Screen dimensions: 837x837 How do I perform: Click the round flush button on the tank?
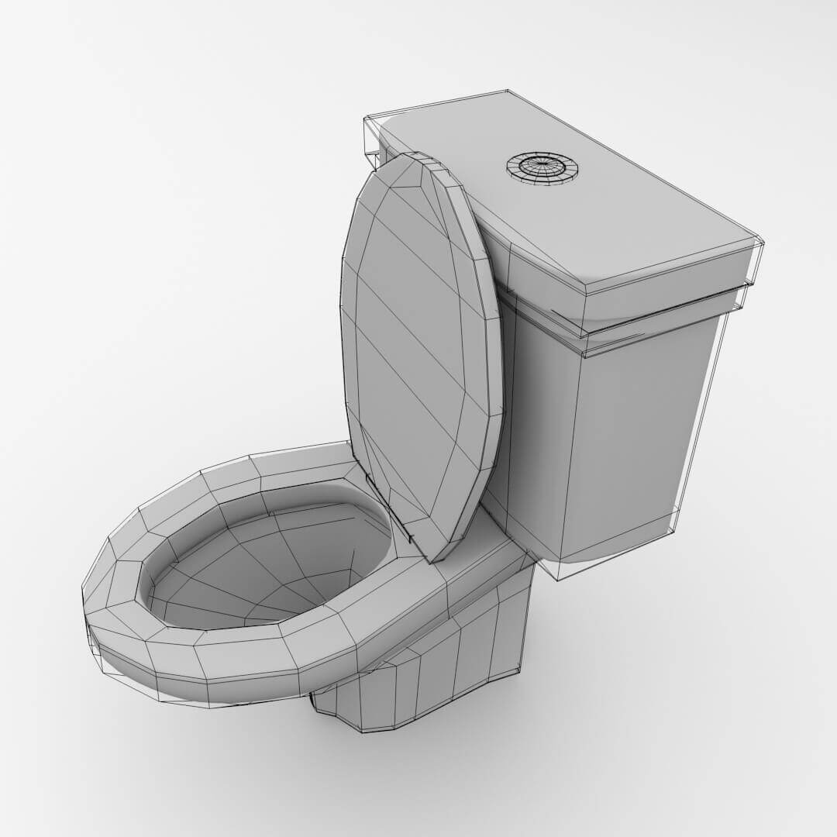542,167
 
